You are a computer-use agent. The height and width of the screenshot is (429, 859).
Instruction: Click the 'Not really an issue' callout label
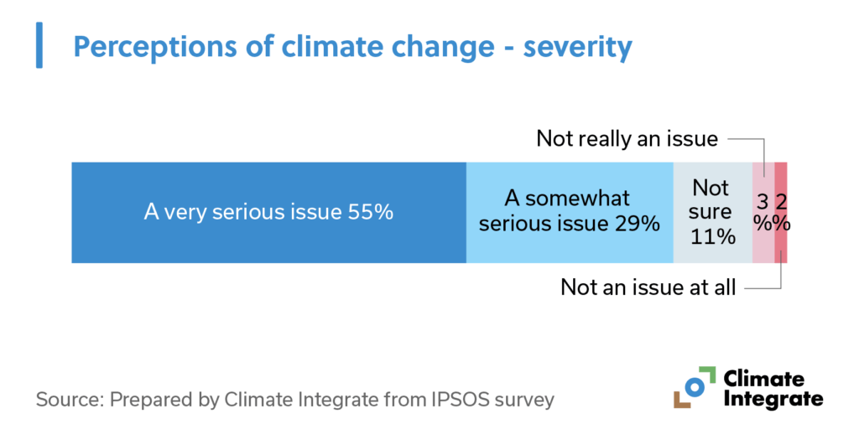(627, 138)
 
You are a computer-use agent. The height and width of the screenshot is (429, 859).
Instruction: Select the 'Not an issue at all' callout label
(648, 287)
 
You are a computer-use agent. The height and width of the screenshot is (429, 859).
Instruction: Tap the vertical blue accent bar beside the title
(39, 46)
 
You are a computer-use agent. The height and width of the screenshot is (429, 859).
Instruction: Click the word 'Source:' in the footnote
(67, 399)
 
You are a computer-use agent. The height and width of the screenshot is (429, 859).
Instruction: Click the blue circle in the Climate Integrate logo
(695, 386)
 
